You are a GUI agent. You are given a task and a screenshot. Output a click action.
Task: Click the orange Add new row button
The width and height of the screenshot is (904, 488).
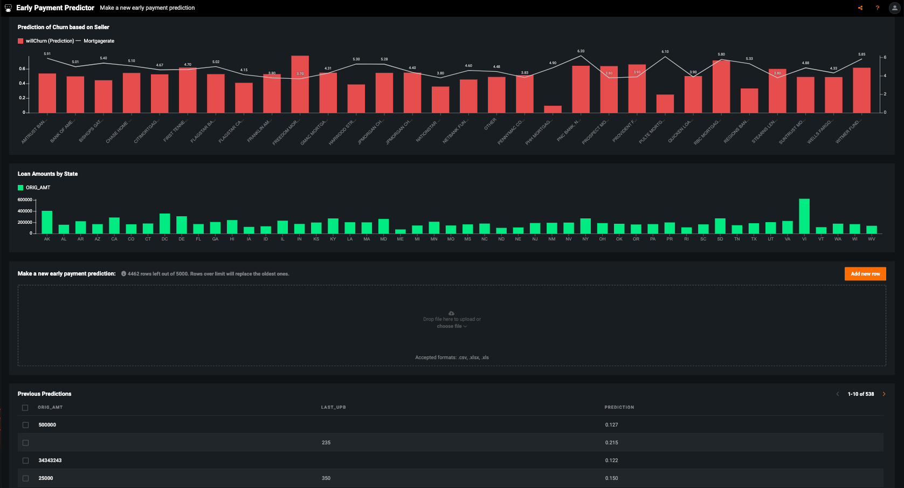(x=865, y=274)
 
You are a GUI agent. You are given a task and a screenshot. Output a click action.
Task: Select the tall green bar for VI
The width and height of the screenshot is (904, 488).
(x=804, y=216)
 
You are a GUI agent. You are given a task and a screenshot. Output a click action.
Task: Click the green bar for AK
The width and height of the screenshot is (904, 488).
(x=47, y=222)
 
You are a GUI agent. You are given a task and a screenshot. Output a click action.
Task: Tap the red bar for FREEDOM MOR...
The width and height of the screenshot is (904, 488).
(x=300, y=85)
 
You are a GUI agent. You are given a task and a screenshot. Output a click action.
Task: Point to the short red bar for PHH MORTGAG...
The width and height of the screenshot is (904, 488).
(x=553, y=109)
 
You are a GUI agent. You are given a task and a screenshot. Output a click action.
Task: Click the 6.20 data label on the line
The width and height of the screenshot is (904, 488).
(x=581, y=51)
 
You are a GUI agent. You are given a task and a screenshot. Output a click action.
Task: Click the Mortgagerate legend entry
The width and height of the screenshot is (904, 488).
(x=99, y=41)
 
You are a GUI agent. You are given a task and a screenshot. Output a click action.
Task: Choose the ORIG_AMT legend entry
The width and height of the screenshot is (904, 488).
(x=38, y=188)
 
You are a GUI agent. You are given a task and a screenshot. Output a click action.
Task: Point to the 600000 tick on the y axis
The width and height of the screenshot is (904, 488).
(x=25, y=200)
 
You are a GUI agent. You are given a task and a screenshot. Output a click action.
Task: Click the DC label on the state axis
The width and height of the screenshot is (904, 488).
(x=164, y=239)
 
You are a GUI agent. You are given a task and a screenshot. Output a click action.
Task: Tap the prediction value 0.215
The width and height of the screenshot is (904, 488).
(x=611, y=443)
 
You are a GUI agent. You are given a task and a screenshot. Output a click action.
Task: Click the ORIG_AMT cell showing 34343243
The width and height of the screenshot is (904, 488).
(x=50, y=460)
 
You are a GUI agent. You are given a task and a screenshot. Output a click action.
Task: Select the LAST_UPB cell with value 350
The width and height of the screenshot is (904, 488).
(x=326, y=478)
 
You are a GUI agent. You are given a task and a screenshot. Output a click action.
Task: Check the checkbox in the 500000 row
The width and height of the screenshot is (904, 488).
(x=25, y=425)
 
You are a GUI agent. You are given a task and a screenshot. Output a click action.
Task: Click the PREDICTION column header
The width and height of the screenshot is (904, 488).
(x=619, y=407)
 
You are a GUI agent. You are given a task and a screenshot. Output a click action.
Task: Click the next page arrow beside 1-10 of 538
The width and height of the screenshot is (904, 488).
(x=884, y=394)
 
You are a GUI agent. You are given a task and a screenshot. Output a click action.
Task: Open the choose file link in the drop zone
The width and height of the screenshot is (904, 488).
(x=451, y=326)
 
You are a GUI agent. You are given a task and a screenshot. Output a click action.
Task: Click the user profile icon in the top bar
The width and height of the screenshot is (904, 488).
(x=894, y=8)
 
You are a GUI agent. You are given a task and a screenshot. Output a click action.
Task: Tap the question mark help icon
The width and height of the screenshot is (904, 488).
(x=877, y=8)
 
